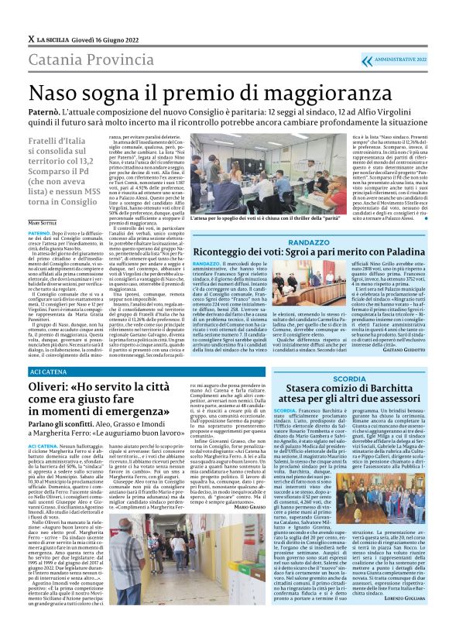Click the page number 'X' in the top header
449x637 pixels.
30,37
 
